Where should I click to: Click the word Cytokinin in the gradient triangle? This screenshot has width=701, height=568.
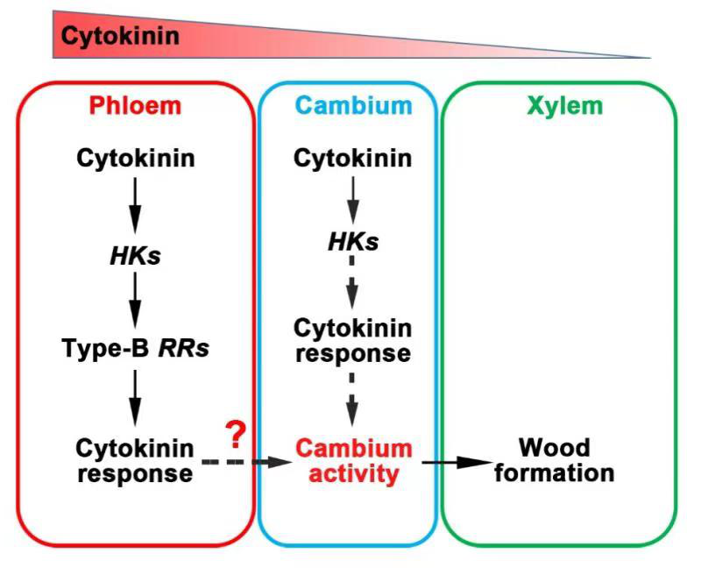click(x=119, y=36)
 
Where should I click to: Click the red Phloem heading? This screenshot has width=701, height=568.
click(x=134, y=106)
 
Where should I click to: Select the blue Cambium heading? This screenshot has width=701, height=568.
click(x=353, y=106)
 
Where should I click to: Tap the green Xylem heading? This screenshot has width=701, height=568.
click(x=564, y=106)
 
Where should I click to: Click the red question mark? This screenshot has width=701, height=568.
click(x=234, y=433)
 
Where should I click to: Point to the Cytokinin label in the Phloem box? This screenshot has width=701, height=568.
click(x=135, y=159)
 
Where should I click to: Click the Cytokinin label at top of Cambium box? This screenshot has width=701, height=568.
click(x=352, y=159)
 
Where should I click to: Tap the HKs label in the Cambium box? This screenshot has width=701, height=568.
click(x=352, y=241)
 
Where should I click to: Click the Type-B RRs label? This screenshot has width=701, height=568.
click(x=135, y=348)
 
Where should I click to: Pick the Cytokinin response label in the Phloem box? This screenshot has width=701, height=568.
click(x=135, y=461)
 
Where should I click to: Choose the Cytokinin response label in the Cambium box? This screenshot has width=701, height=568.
click(x=352, y=340)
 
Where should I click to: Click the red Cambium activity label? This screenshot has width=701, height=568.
click(x=353, y=461)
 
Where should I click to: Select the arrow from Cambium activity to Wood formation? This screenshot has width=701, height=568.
click(x=457, y=462)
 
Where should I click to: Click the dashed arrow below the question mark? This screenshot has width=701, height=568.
click(x=244, y=462)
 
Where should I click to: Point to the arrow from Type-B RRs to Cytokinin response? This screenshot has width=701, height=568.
click(x=135, y=395)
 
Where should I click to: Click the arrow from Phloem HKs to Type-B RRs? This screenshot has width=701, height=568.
click(x=135, y=301)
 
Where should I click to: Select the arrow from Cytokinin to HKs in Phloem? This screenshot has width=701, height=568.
click(x=135, y=204)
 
